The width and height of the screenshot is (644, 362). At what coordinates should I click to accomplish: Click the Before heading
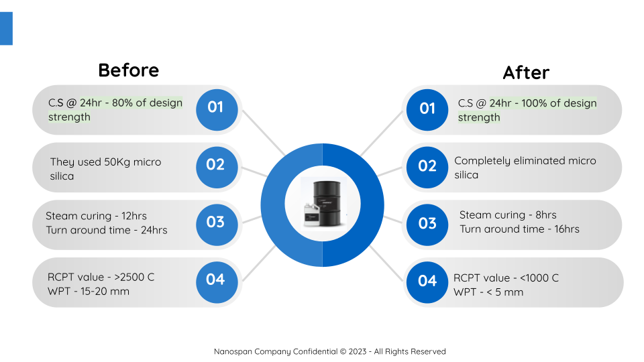coord(129,70)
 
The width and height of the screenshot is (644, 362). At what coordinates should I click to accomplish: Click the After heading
coord(526,72)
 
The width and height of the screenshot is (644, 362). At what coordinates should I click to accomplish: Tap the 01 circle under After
coord(427,110)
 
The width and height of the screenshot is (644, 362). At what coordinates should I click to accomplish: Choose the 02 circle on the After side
coord(427,168)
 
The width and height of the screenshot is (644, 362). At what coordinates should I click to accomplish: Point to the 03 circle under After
coord(427,225)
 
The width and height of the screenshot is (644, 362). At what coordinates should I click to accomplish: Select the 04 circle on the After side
coord(427,282)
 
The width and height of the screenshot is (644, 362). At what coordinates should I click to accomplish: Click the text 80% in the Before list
coord(122,103)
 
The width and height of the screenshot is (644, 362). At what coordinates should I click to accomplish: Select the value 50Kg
coord(117,162)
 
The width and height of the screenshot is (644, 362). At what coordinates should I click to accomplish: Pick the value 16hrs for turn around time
coord(567,229)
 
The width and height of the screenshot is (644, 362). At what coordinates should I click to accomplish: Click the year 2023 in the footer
coord(358,351)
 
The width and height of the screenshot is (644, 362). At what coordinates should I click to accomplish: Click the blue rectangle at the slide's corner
coord(6,28)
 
